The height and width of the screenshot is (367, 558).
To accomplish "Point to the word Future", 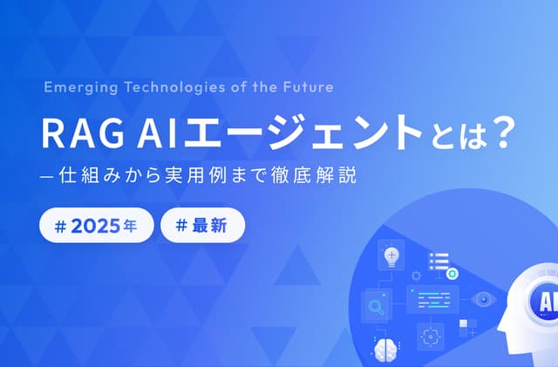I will [x=308, y=87].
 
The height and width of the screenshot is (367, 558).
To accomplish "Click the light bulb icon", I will [x=391, y=256].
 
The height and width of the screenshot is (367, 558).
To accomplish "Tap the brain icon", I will [x=384, y=349].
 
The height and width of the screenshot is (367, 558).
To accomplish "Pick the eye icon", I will [x=482, y=300].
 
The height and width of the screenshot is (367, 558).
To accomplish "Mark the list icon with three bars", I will [x=439, y=260].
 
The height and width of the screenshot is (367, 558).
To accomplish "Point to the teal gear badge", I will [x=452, y=274].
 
